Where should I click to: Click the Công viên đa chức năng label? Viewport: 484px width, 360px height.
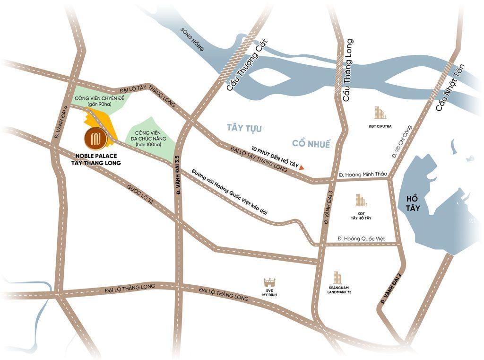[x=149, y=138]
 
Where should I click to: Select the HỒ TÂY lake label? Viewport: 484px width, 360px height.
[x=409, y=203]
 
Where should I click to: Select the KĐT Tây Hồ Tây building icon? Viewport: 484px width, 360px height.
[x=361, y=200]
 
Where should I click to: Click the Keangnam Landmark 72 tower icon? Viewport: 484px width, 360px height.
[x=337, y=277]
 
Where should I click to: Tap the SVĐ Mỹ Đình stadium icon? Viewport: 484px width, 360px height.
[x=269, y=282]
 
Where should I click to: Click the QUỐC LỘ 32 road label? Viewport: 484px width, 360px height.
[x=140, y=194]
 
